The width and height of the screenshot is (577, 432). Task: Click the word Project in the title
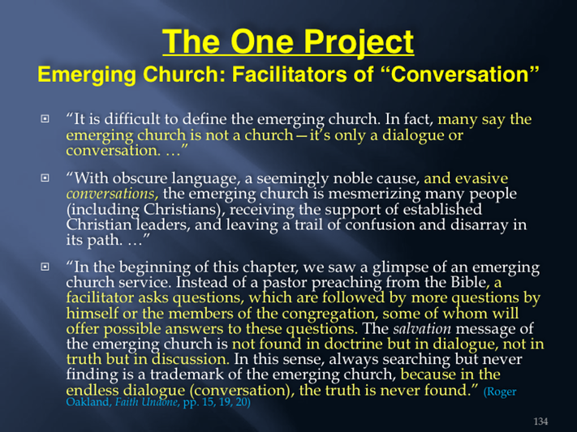pos(359,43)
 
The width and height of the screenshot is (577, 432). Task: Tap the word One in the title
pos(262,41)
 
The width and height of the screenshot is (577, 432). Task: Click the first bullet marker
pos(45,119)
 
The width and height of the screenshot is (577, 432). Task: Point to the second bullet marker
pos(45,178)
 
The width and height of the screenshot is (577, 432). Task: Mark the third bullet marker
pos(45,267)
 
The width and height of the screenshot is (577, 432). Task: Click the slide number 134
pos(540,421)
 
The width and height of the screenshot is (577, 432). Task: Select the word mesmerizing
pos(371,194)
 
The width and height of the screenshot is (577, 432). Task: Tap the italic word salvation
pos(422,329)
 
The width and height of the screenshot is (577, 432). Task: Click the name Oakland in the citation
pos(88,402)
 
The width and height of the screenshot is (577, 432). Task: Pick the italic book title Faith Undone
pos(146,402)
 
